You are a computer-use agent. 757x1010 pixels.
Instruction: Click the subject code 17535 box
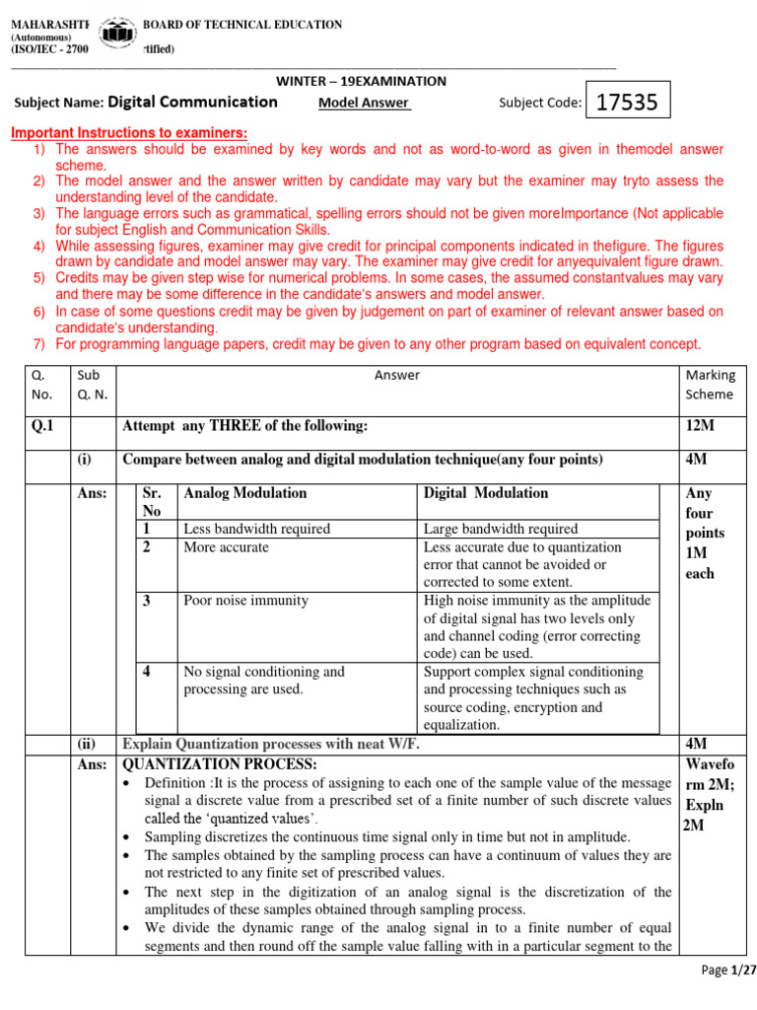coord(628,101)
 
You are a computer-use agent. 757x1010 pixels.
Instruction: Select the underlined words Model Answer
coord(364,102)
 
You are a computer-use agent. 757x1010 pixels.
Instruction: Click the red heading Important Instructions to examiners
coord(128,133)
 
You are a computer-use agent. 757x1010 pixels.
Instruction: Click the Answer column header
coord(397,375)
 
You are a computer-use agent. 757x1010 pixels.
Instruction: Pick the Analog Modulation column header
coord(245,493)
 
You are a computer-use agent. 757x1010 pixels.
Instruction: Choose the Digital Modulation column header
coord(486,493)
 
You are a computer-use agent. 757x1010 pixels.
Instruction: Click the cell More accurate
coord(226,546)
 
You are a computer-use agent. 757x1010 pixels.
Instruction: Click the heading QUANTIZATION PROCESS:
coord(219,764)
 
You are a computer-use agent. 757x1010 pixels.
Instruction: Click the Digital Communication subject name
coord(192,102)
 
